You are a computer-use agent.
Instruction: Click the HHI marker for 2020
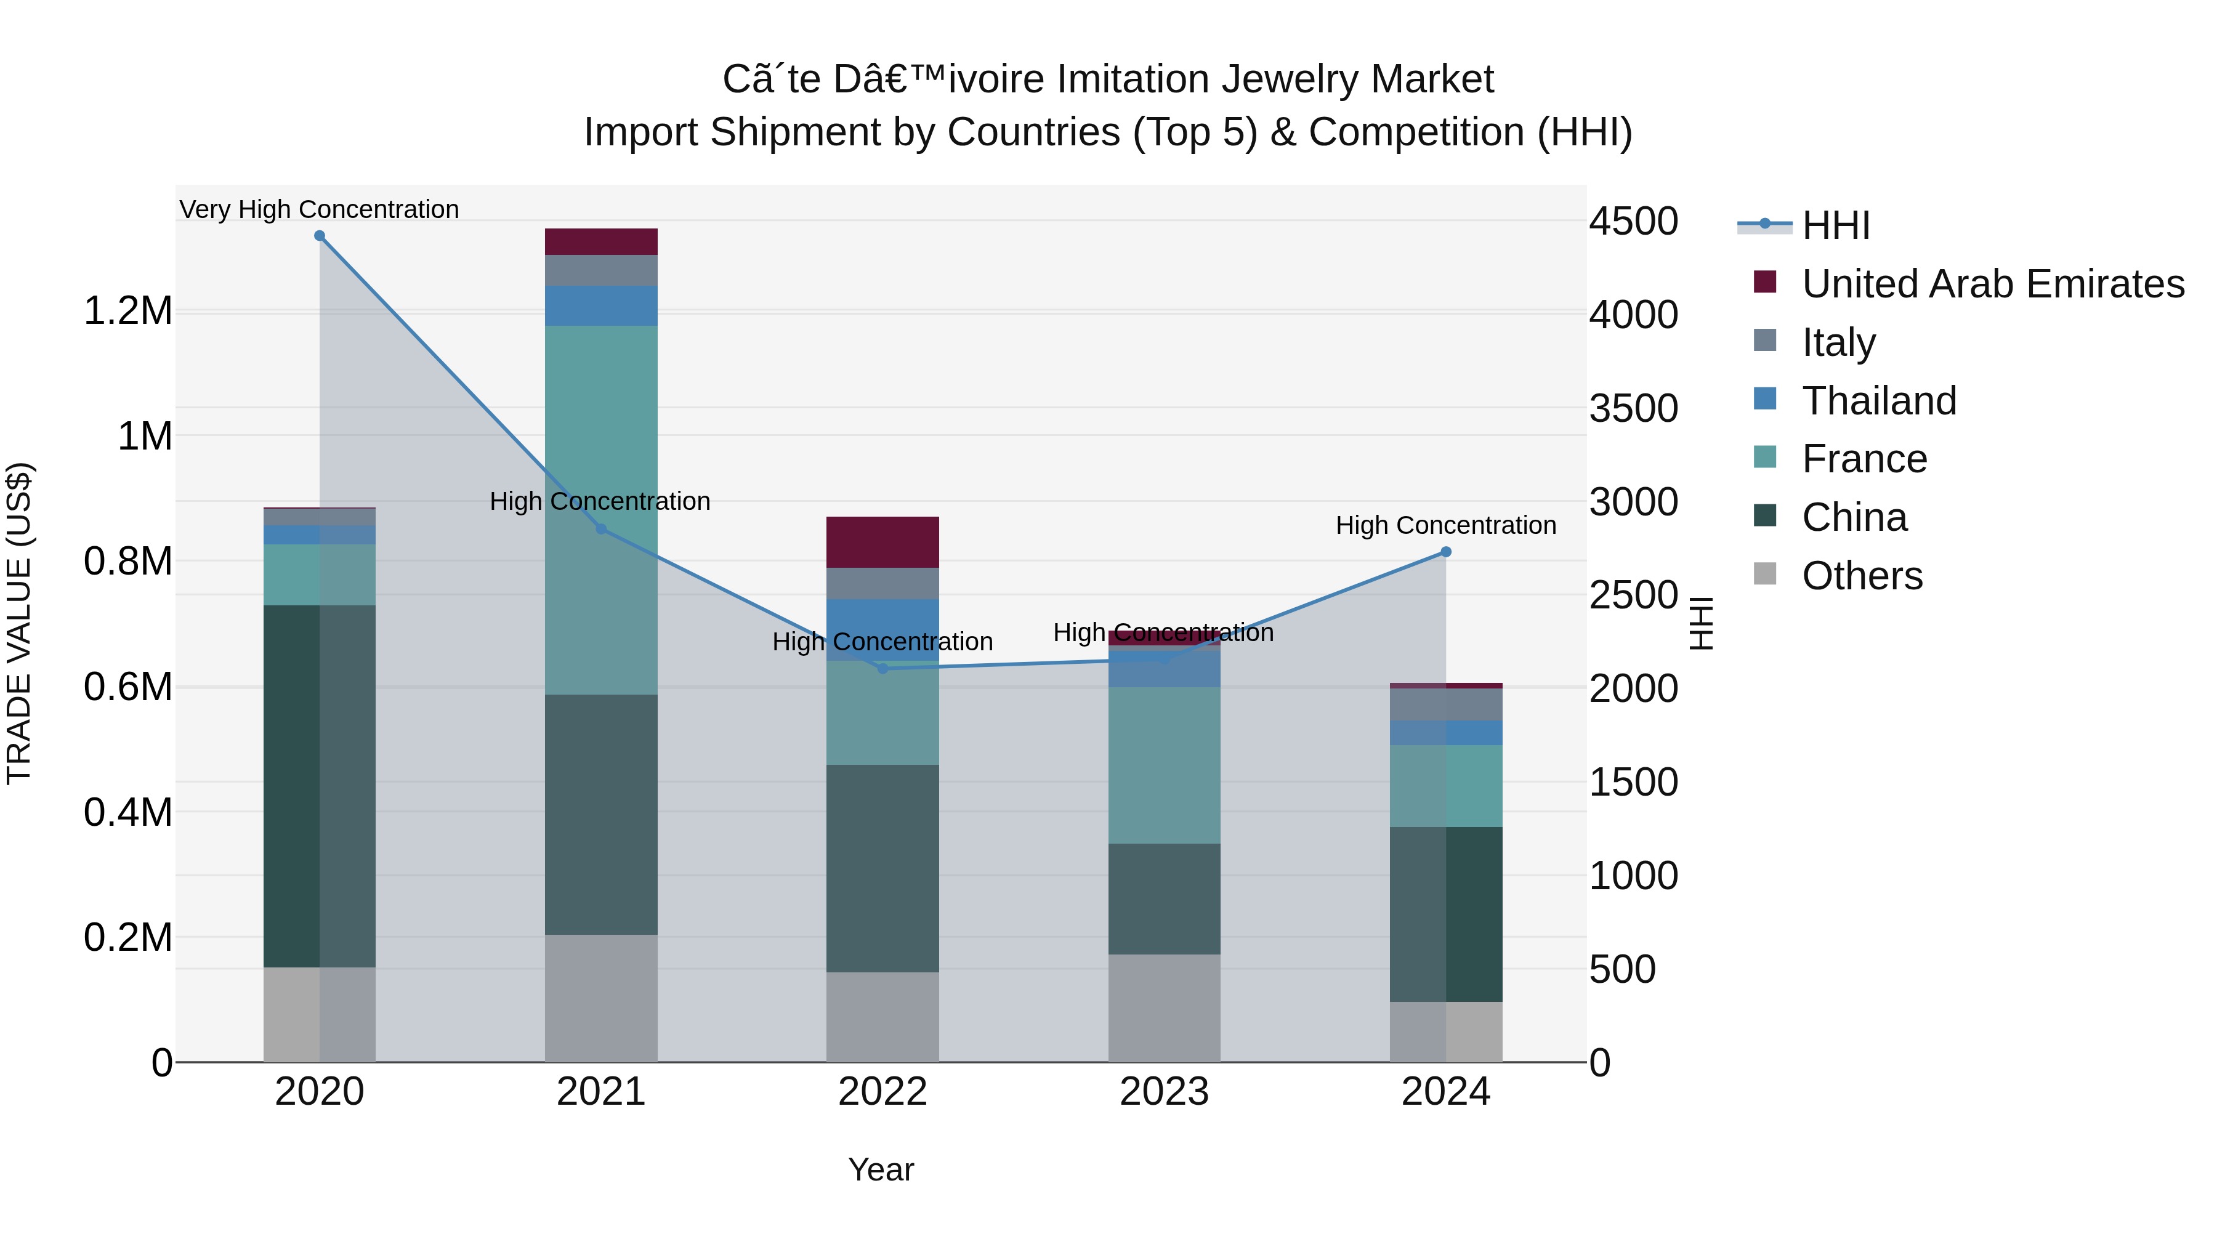[x=319, y=236]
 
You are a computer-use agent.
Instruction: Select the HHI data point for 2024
[x=1446, y=552]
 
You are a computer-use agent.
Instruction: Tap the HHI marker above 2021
[x=600, y=529]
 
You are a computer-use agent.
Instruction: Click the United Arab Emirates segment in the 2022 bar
[x=882, y=542]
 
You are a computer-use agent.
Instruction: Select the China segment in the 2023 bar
[x=1163, y=898]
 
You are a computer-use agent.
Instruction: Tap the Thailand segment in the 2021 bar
[x=600, y=305]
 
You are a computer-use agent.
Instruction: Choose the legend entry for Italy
[x=1838, y=342]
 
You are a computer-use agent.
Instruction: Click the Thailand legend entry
[x=1879, y=401]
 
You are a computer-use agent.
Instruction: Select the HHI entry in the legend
[x=1835, y=225]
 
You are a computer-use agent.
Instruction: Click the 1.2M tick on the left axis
[x=127, y=311]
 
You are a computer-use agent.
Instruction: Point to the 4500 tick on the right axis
[x=1633, y=221]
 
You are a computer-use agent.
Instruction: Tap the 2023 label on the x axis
[x=1163, y=1092]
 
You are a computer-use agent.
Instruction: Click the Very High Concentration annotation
[x=319, y=209]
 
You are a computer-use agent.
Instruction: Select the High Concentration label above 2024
[x=1446, y=525]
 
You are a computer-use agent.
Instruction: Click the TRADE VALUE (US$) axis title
[x=19, y=623]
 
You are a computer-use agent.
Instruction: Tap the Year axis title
[x=881, y=1169]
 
